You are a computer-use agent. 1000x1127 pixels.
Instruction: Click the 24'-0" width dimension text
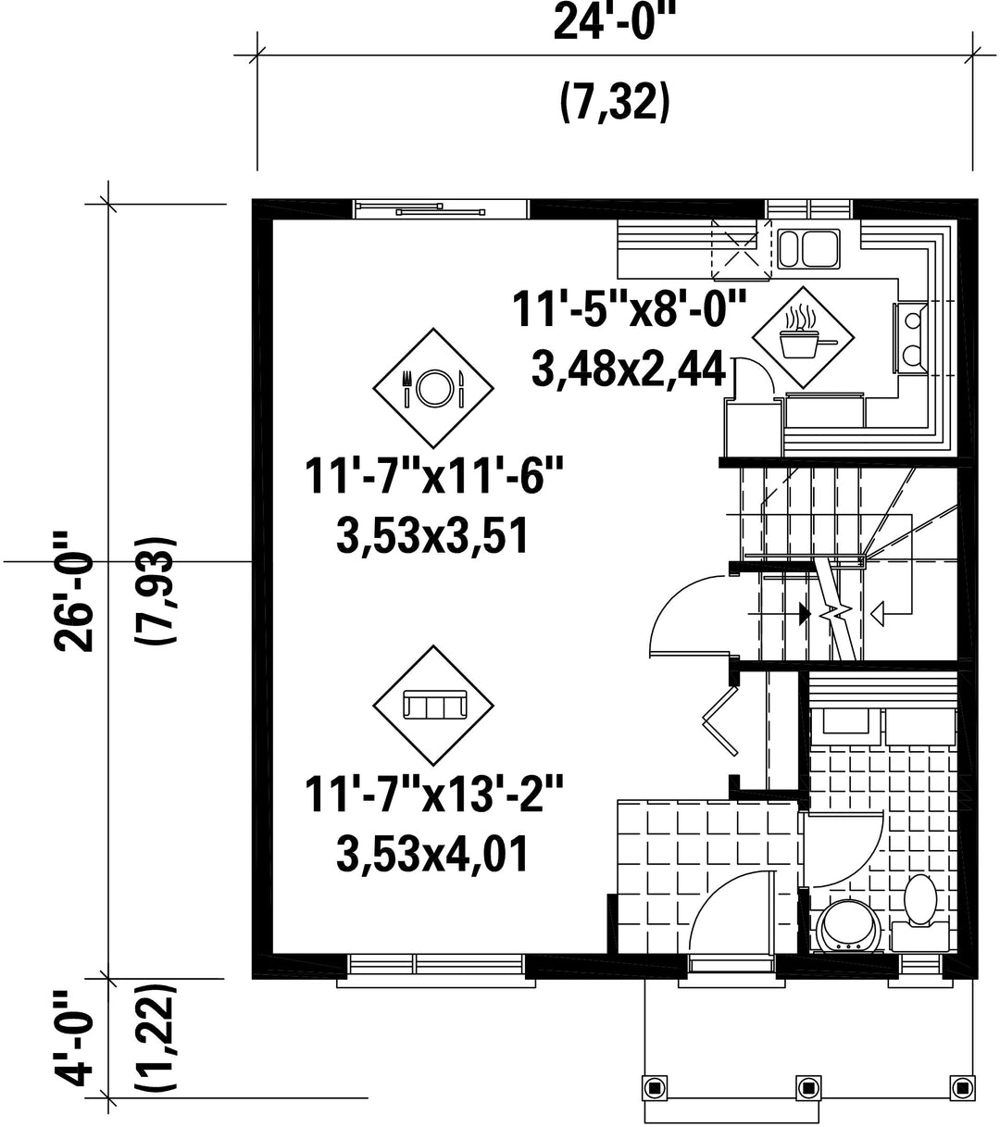pyautogui.click(x=614, y=22)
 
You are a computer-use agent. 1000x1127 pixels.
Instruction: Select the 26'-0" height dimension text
pyautogui.click(x=74, y=590)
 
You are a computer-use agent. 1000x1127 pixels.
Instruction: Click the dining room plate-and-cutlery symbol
pyautogui.click(x=433, y=388)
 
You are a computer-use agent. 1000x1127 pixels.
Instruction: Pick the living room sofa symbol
pyautogui.click(x=433, y=706)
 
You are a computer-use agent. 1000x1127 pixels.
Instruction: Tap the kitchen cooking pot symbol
pyautogui.click(x=803, y=338)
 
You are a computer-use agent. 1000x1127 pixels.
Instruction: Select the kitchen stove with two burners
pyautogui.click(x=910, y=337)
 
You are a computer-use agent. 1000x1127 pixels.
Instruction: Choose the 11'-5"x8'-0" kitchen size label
pyautogui.click(x=629, y=309)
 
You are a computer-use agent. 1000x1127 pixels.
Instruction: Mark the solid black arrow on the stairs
pyautogui.click(x=805, y=614)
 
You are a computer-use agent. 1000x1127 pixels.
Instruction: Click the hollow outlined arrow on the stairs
pyautogui.click(x=877, y=614)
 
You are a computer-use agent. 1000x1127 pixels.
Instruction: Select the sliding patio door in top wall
pyautogui.click(x=441, y=208)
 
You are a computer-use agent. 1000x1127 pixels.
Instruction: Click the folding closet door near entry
pyautogui.click(x=721, y=721)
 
